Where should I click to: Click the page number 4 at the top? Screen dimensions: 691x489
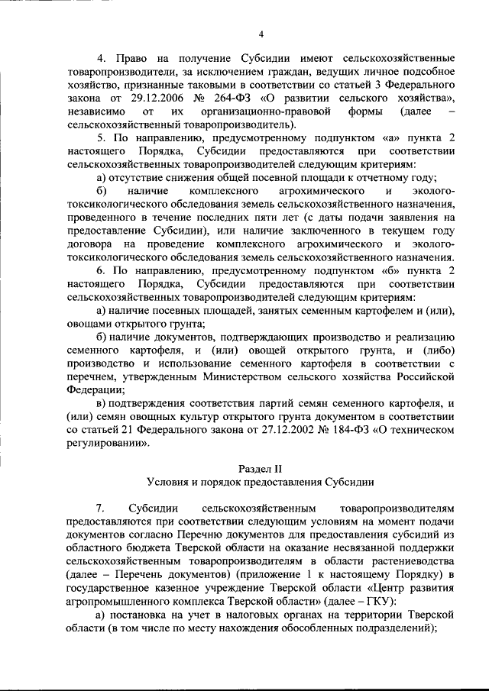[261, 34]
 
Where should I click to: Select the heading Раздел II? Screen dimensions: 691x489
[261, 467]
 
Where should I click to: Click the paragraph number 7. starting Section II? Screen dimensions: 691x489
[101, 508]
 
